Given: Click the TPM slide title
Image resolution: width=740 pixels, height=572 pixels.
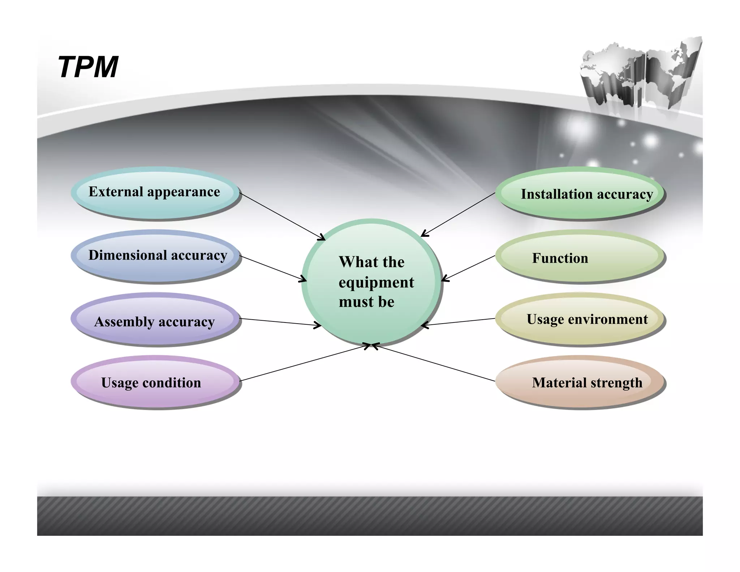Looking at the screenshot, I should click(x=88, y=67).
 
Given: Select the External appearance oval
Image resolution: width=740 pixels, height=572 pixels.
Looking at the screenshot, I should click(x=155, y=192).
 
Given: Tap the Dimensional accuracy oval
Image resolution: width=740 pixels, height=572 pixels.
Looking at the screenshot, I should click(x=155, y=256).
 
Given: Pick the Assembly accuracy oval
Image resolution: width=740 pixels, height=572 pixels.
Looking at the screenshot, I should click(x=155, y=320).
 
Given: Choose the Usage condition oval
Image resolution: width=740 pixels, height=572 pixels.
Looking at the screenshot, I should click(x=155, y=382).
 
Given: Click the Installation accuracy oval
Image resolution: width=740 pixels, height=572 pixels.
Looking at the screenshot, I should click(x=580, y=193).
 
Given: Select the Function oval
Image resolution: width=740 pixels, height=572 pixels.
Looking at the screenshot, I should click(x=580, y=257).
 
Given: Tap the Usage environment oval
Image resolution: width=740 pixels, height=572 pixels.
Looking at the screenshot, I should click(x=580, y=319).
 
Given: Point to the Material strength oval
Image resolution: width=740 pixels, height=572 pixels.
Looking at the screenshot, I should click(x=580, y=382).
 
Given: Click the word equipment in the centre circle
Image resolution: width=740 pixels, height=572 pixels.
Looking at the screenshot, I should click(x=376, y=282).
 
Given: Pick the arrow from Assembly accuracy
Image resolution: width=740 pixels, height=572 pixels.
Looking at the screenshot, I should click(x=280, y=322).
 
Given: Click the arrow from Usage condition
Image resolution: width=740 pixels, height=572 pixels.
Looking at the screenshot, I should click(x=304, y=363).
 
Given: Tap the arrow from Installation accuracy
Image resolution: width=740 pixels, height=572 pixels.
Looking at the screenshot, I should click(x=458, y=214).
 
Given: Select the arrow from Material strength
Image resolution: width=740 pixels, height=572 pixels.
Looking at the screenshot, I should click(x=434, y=363).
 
